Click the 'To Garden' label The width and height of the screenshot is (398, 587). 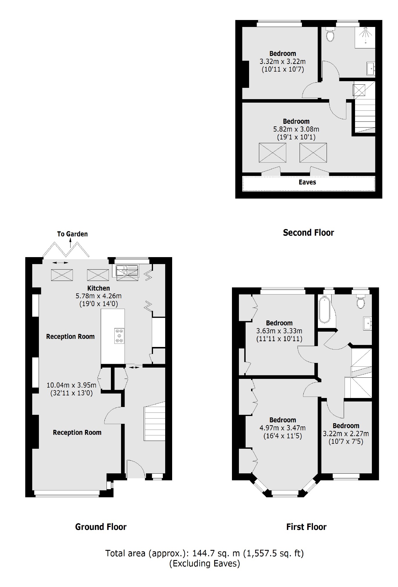[x=72, y=234]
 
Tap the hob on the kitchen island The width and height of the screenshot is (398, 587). [x=119, y=336]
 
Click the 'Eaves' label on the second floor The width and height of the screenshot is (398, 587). [x=307, y=182]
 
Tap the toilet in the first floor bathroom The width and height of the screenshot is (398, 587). [x=361, y=302]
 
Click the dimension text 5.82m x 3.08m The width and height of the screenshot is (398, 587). [x=296, y=129]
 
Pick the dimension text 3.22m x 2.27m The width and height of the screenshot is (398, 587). [x=346, y=434]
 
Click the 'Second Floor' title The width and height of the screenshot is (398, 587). [x=308, y=232]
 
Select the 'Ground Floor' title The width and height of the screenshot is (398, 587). [x=101, y=527]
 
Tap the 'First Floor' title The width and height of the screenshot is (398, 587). [x=306, y=527]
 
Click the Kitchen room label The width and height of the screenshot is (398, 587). [x=99, y=288]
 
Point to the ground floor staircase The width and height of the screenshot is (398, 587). [x=154, y=422]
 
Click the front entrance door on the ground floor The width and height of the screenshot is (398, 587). [x=136, y=470]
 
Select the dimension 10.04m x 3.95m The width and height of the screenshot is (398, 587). [x=71, y=385]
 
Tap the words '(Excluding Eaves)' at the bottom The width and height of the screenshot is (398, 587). [x=205, y=564]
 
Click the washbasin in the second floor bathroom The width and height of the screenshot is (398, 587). [x=371, y=68]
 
